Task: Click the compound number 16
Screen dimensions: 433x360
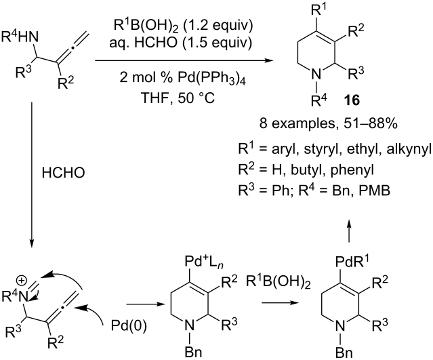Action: tap(352, 100)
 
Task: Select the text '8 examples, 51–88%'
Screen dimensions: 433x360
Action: tap(329, 124)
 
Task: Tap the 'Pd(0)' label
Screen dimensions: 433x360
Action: tap(129, 326)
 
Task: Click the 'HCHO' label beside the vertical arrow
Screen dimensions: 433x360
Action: tap(63, 173)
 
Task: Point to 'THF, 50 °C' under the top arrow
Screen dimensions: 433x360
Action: tap(178, 98)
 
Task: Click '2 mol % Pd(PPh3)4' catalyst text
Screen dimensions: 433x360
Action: tap(182, 79)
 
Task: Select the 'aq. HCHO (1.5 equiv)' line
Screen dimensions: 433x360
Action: tap(181, 43)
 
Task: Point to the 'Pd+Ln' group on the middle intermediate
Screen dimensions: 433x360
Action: tap(204, 262)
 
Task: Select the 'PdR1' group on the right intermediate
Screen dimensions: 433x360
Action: tap(352, 262)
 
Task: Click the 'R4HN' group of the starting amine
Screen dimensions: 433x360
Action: tap(20, 37)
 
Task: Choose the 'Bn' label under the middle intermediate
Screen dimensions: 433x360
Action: tap(192, 352)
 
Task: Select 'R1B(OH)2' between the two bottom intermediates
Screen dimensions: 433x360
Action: tap(278, 283)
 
